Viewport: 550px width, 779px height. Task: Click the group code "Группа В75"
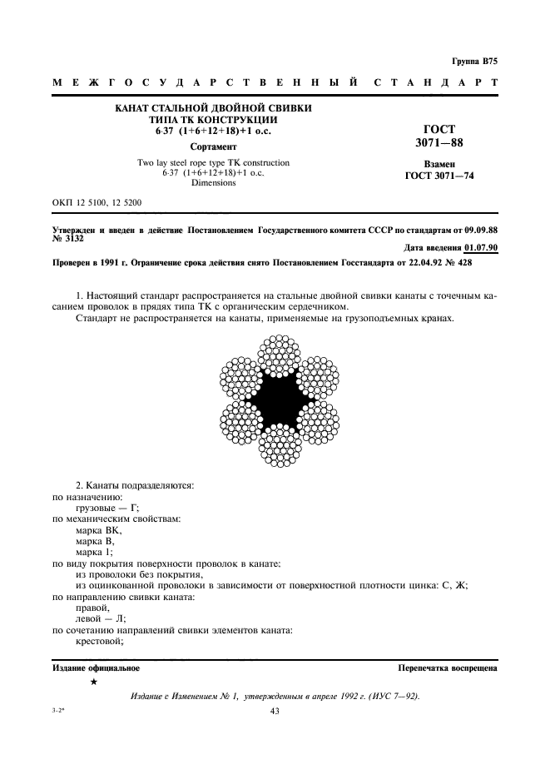[473, 62]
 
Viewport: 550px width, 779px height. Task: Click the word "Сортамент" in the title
[214, 146]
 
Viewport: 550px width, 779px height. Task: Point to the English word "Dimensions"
[214, 182]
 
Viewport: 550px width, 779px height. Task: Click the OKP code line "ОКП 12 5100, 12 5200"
[97, 202]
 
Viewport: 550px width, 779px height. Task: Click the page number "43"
[275, 711]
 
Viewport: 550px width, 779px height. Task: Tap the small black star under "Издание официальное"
[93, 682]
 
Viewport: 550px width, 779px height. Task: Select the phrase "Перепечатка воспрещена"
[448, 667]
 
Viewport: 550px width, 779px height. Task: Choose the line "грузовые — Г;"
[107, 508]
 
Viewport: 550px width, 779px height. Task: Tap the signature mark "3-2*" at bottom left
[61, 711]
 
